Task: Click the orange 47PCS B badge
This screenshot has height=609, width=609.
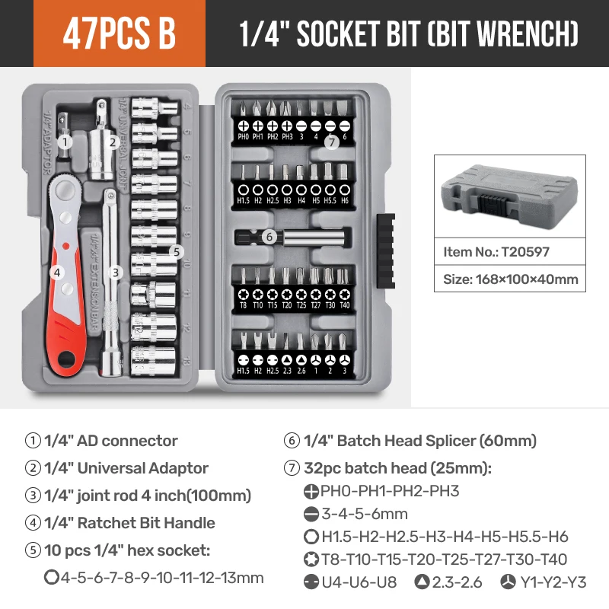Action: [120, 34]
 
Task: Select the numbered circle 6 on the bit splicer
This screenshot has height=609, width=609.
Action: [269, 237]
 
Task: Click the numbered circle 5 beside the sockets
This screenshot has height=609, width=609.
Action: [176, 251]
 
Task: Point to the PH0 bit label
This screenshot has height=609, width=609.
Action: [244, 137]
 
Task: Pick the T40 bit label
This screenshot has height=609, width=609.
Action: [345, 305]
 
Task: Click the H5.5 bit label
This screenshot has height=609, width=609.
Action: [330, 200]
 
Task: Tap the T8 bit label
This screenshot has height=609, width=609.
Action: [244, 305]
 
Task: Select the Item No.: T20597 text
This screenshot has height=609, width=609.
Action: [496, 251]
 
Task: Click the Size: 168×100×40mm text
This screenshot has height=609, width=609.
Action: [511, 279]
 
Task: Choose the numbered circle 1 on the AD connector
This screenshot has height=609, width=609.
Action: [65, 140]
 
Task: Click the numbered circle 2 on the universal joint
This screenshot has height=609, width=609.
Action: [112, 141]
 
